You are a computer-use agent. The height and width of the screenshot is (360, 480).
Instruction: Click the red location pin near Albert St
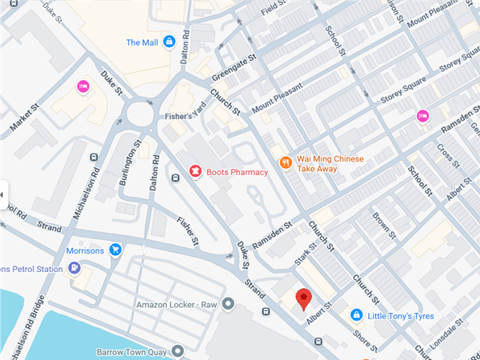[303, 299]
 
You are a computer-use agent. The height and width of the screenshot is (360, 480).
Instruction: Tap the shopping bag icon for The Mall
[169, 42]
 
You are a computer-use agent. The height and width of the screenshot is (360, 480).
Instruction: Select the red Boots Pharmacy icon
[194, 170]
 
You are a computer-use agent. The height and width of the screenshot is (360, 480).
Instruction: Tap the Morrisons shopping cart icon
[116, 250]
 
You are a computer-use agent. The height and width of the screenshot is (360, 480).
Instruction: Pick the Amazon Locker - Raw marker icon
[228, 304]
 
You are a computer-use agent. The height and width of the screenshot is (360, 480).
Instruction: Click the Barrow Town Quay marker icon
[175, 350]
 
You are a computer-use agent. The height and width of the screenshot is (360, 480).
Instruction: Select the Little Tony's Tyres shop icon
[356, 316]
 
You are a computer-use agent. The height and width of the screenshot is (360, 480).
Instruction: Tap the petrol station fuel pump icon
[74, 269]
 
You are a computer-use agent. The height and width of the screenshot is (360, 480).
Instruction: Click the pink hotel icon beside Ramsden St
[422, 116]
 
